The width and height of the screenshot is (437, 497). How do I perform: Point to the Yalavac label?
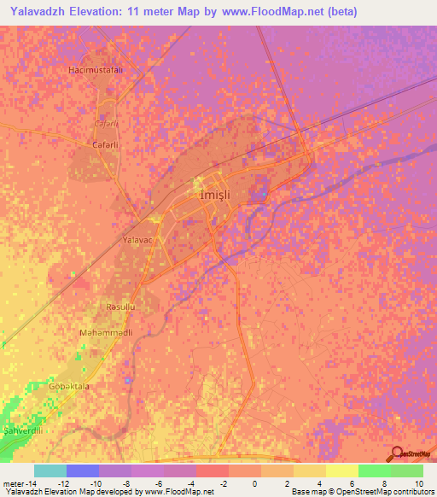coord(137,241)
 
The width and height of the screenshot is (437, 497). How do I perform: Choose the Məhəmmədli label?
coord(107,332)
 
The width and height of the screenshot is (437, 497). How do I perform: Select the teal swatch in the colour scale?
coord(50,471)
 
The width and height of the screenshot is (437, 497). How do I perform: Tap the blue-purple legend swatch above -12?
coord(83,471)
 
